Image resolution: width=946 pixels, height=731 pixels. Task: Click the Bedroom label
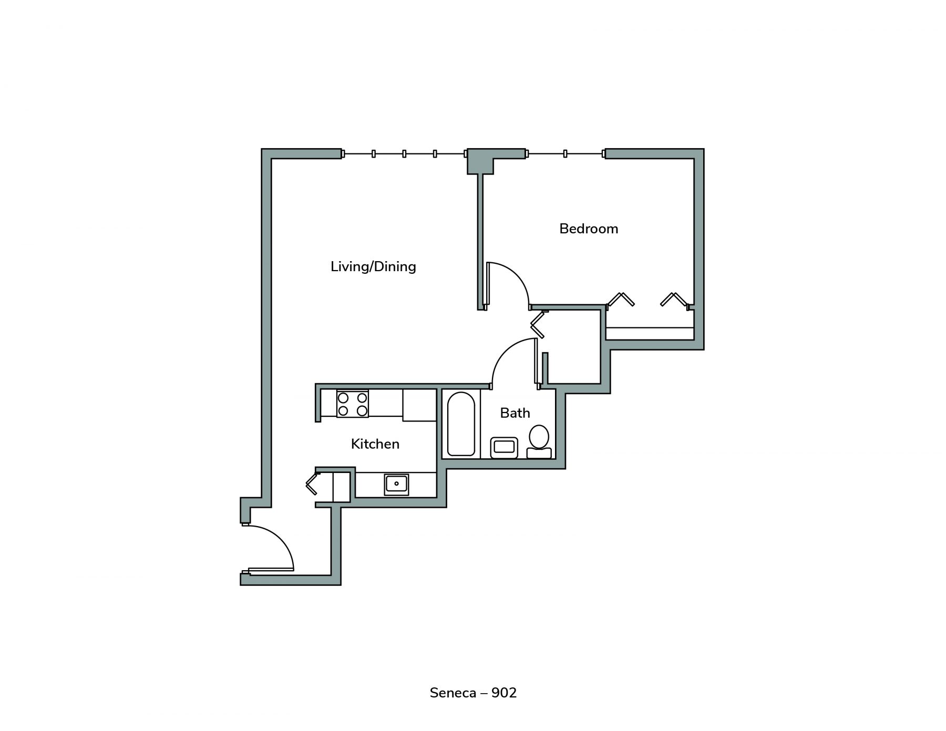click(589, 229)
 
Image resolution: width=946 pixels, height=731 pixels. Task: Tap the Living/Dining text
click(373, 266)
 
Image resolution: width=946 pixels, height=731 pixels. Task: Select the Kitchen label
click(375, 444)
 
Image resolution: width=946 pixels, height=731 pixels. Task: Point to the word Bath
click(515, 413)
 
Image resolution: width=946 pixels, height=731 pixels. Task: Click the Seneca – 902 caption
click(473, 693)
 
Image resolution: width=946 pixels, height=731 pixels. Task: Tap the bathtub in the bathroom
click(461, 424)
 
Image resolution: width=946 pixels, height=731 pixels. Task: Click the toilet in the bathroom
click(539, 441)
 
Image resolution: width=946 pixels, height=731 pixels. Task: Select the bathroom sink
click(504, 448)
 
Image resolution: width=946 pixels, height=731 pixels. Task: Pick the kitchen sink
click(396, 484)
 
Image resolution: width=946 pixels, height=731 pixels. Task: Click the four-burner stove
click(352, 404)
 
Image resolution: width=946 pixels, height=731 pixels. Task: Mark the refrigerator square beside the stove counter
click(419, 405)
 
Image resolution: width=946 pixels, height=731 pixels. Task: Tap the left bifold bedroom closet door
click(621, 299)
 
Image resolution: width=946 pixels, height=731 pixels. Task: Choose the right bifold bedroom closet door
click(674, 299)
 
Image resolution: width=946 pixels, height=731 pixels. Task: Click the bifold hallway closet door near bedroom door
click(539, 324)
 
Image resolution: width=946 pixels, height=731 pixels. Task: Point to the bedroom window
click(565, 153)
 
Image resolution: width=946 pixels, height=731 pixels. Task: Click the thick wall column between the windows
click(481, 160)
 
